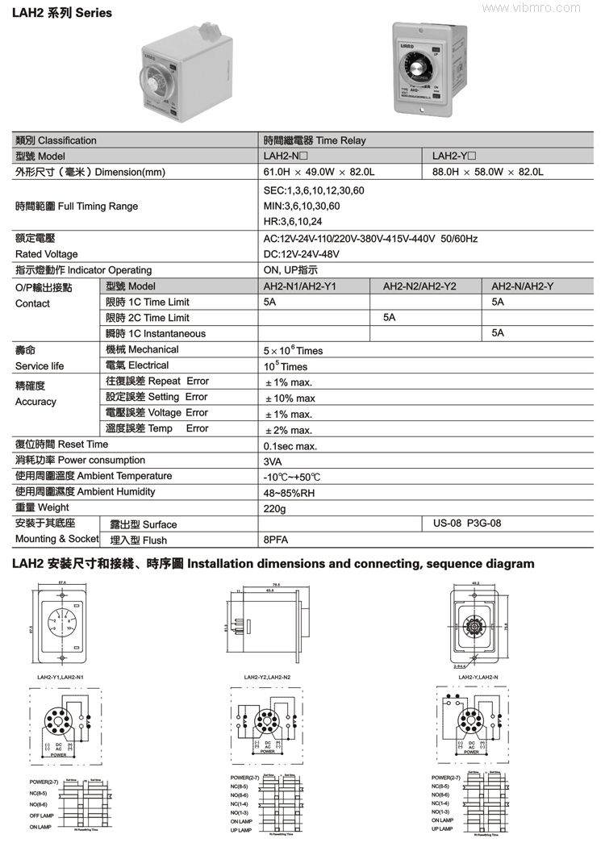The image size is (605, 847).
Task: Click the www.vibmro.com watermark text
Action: pyautogui.click(x=553, y=7)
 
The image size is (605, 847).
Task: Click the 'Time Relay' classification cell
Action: pyautogui.click(x=315, y=140)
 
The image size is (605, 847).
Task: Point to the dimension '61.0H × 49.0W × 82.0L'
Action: pyautogui.click(x=320, y=172)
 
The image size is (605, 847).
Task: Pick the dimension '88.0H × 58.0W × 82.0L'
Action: pyautogui.click(x=488, y=172)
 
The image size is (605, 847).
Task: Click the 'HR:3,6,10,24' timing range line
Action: pyautogui.click(x=293, y=222)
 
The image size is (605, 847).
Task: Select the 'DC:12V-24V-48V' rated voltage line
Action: pyautogui.click(x=302, y=254)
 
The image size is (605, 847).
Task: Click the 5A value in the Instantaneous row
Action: pyautogui.click(x=498, y=333)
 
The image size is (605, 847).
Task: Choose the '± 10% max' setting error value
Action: pyautogui.click(x=290, y=398)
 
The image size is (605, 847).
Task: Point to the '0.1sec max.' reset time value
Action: pyautogui.click(x=290, y=445)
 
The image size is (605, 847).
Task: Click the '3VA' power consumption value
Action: pyautogui.click(x=273, y=461)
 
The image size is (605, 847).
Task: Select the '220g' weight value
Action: pyautogui.click(x=275, y=509)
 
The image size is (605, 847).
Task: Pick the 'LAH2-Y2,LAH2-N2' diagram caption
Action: pyautogui.click(x=267, y=677)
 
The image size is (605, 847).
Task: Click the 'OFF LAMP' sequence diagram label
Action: pyautogui.click(x=41, y=816)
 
